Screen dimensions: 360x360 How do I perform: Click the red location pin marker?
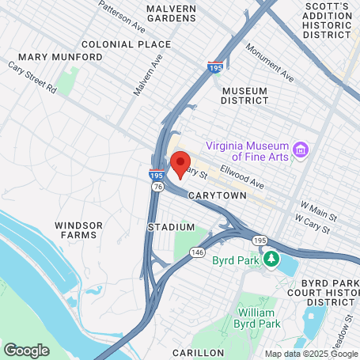pyautogui.click(x=180, y=165)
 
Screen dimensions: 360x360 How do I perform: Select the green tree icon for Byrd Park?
pyautogui.click(x=271, y=259)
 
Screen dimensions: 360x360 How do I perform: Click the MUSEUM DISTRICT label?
pyautogui.click(x=251, y=96)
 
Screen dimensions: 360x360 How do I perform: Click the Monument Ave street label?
pyautogui.click(x=269, y=63)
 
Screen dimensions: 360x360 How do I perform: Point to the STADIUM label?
pyautogui.click(x=171, y=227)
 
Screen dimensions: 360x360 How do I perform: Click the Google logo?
pyautogui.click(x=26, y=349)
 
